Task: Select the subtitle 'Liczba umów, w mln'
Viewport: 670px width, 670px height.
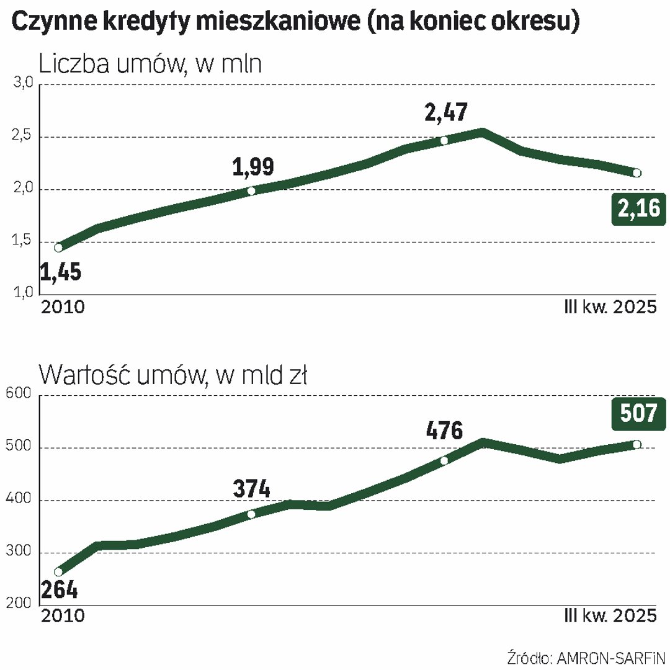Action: (150, 64)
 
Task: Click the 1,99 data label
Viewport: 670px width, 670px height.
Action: (252, 167)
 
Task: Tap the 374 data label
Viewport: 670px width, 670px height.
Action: (252, 489)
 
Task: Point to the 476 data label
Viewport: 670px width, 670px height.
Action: (444, 430)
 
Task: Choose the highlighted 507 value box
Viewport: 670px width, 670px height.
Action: (638, 414)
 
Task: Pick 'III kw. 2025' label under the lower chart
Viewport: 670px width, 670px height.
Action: (610, 617)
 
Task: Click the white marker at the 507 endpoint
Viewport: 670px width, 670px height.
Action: (636, 444)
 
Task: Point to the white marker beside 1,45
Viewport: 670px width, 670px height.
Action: (58, 248)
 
